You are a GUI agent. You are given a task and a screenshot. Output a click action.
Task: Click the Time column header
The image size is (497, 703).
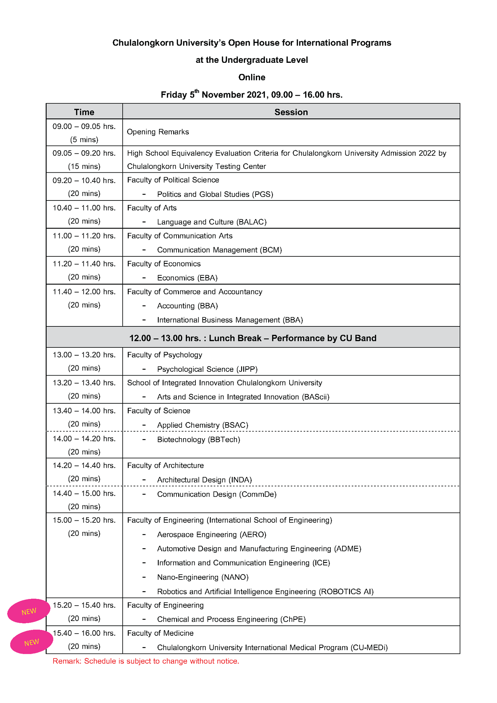pyautogui.click(x=84, y=112)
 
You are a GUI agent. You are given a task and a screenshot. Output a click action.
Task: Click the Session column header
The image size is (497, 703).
pyautogui.click(x=291, y=112)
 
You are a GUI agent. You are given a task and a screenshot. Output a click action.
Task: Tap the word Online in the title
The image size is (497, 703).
pyautogui.click(x=252, y=77)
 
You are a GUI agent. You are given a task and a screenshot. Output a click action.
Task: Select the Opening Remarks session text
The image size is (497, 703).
pyautogui.click(x=158, y=132)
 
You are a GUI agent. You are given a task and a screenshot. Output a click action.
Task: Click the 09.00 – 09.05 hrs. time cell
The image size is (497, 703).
pyautogui.click(x=84, y=126)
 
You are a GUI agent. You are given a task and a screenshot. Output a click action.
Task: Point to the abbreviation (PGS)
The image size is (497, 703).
pyautogui.click(x=263, y=194)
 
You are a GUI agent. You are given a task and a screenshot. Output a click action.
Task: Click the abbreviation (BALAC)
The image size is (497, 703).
pyautogui.click(x=251, y=222)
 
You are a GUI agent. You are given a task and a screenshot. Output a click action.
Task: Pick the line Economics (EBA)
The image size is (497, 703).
pyautogui.click(x=187, y=278)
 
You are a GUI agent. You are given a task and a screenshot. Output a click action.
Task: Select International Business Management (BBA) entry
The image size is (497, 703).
pyautogui.click(x=230, y=320)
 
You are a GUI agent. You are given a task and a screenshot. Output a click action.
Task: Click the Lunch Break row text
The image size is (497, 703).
pyautogui.click(x=253, y=338)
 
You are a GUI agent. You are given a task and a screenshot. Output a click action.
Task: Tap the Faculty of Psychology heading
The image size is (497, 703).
pyautogui.click(x=165, y=355)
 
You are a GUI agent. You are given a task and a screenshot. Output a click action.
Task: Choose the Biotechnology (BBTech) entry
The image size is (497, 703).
pyautogui.click(x=199, y=439)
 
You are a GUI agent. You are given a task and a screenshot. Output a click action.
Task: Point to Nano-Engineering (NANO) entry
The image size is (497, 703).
pyautogui.click(x=203, y=577)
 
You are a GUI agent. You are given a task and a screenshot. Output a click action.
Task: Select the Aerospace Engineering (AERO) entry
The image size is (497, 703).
pyautogui.click(x=212, y=534)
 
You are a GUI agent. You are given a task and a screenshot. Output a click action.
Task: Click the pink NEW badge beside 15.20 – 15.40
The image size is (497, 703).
pyautogui.click(x=29, y=611)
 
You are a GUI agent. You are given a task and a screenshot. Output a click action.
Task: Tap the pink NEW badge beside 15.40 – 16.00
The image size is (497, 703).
pyautogui.click(x=32, y=642)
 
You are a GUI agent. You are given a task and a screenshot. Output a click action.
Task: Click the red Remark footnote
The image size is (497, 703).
pyautogui.click(x=146, y=661)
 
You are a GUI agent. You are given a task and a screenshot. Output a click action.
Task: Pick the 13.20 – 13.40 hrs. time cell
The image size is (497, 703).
pyautogui.click(x=84, y=383)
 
